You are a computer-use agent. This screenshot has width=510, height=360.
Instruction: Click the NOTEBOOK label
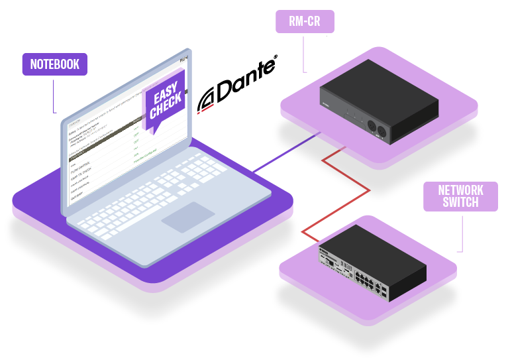pos(54,64)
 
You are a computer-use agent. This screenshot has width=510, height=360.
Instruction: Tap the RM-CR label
pos(305,21)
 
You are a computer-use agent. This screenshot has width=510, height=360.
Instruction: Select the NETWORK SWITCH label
pos(460,196)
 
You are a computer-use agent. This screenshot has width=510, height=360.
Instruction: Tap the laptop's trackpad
pos(188,217)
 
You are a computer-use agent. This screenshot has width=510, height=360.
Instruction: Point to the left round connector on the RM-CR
pos(372,125)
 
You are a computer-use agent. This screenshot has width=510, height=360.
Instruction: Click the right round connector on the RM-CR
pos(382,130)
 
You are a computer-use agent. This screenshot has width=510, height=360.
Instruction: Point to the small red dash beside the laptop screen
pos(207,107)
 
